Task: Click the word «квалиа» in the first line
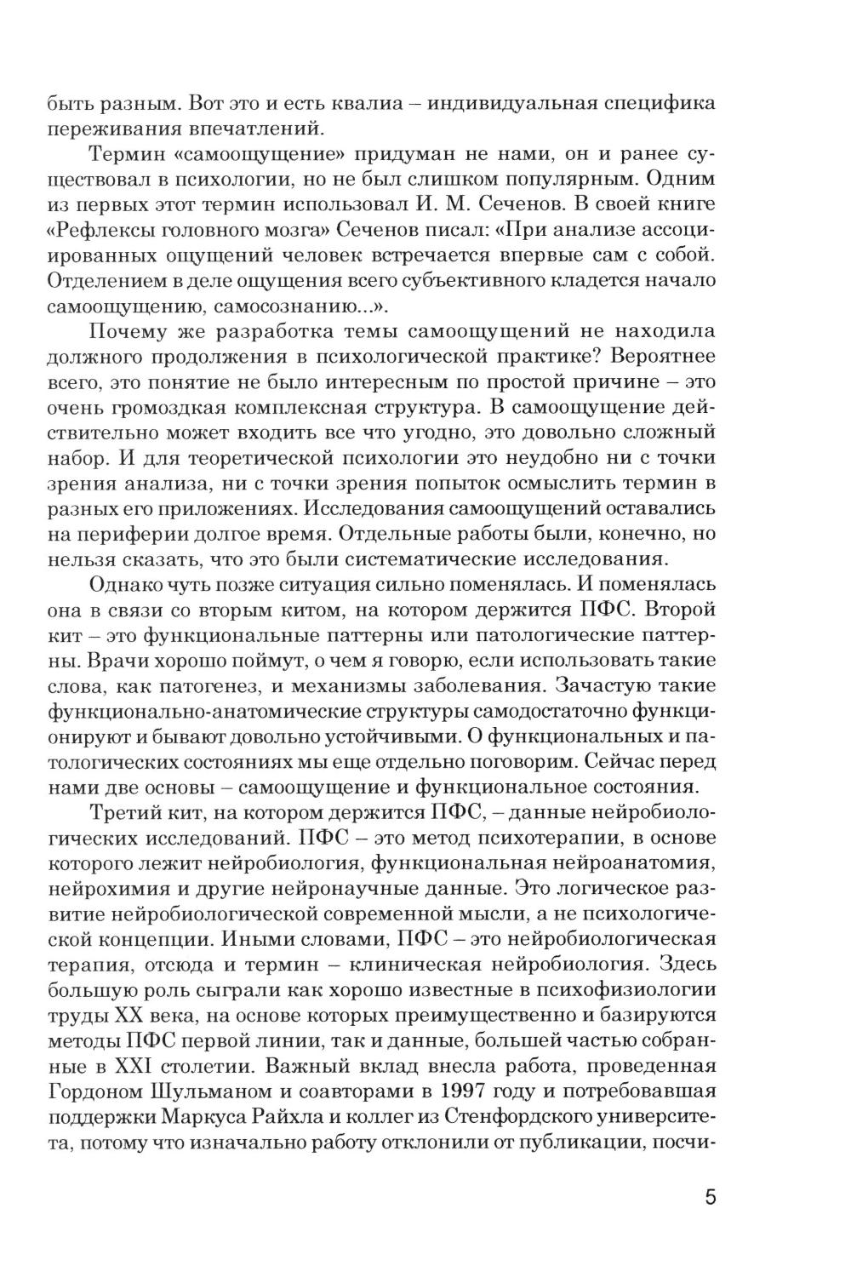tap(357, 104)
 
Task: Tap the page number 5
tap(711, 1197)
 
